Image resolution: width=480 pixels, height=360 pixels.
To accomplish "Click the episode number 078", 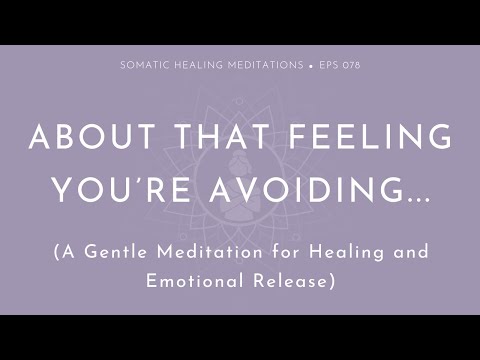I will coord(348,65).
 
